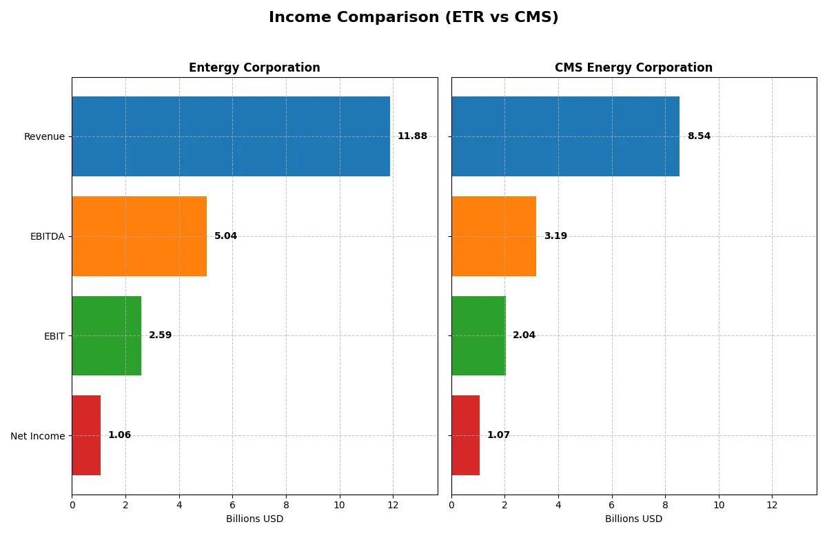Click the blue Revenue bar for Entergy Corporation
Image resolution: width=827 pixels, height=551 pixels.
[231, 136]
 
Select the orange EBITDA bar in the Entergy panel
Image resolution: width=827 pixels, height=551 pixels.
[139, 236]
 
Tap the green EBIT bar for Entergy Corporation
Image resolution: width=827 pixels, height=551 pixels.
[106, 336]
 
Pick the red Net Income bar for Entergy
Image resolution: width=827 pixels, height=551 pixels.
[86, 435]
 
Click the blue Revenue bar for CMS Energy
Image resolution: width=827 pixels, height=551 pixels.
[565, 136]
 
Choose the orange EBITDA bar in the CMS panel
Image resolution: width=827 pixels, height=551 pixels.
[493, 236]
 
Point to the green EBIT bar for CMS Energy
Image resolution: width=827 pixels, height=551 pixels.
[478, 336]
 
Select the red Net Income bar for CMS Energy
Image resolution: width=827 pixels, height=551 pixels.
[465, 435]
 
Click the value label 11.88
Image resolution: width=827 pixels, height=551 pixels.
[412, 136]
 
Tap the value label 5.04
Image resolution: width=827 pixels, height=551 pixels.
[225, 236]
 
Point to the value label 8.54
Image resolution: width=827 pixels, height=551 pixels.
[699, 136]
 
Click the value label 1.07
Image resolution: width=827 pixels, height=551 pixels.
[498, 435]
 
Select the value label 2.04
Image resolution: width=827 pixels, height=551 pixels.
[524, 335]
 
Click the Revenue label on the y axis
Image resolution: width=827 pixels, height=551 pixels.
[44, 136]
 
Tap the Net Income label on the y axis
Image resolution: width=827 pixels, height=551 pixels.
[37, 436]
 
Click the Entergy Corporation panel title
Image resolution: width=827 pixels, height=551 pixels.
[254, 67]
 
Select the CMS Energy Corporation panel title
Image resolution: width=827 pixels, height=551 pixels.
[633, 67]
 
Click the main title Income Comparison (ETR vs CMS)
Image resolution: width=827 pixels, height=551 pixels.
[413, 18]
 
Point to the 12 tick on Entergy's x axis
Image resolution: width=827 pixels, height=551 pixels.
[393, 505]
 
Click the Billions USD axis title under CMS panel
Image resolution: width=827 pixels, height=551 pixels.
[633, 519]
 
